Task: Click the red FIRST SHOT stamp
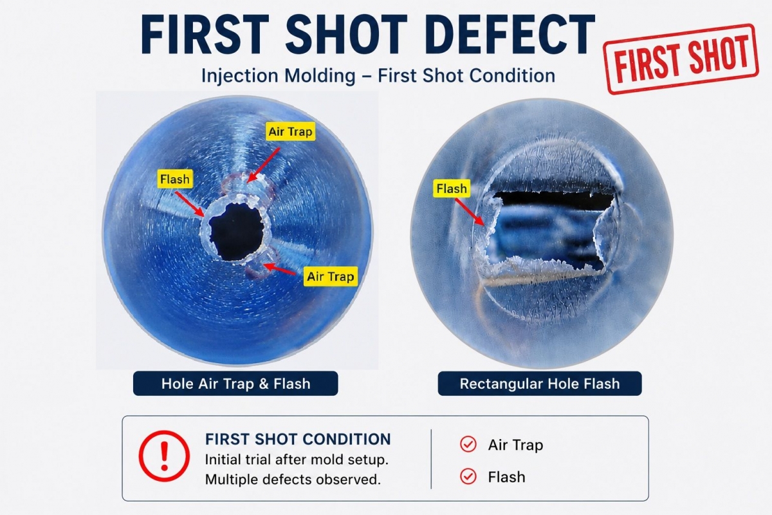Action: [681, 59]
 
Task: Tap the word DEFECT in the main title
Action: [513, 35]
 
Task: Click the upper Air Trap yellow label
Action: [290, 131]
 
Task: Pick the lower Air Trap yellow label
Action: [330, 276]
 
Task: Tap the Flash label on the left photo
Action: [175, 179]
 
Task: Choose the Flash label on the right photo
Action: [452, 189]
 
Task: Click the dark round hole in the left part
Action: [236, 232]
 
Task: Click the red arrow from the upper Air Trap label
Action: [264, 165]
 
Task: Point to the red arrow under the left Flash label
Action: [190, 205]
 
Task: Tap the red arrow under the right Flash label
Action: [470, 212]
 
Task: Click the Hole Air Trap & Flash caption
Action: [235, 384]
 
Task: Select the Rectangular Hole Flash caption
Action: [540, 384]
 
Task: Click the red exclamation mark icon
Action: [164, 456]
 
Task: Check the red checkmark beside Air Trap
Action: [468, 444]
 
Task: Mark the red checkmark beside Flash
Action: [468, 476]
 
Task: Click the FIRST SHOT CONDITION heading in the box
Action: [298, 439]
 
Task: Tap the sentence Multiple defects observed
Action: [293, 480]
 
